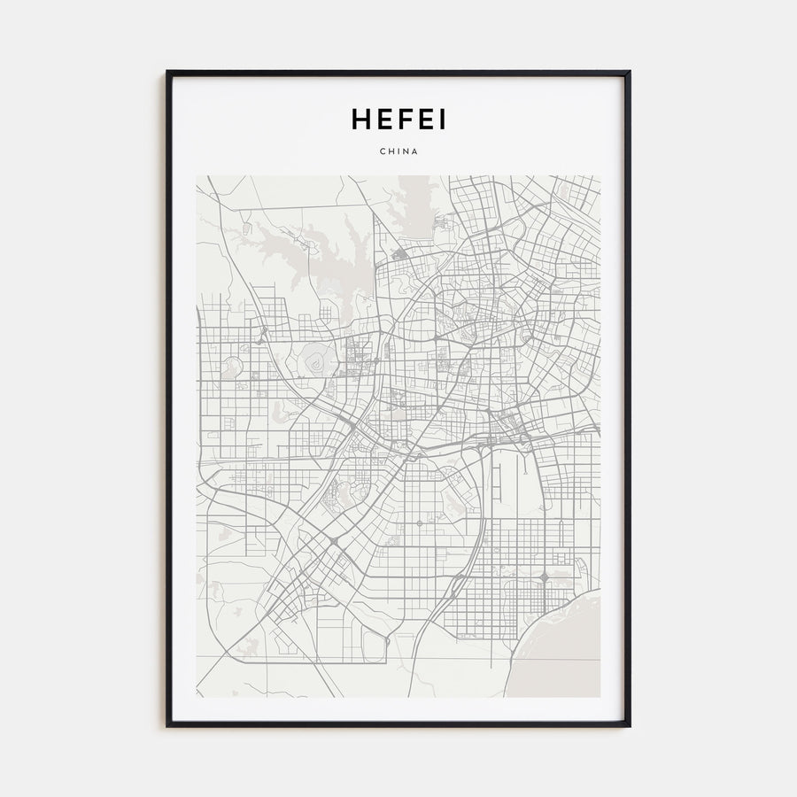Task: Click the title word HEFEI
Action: [398, 120]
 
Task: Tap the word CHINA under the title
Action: [398, 151]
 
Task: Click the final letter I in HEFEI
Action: [441, 120]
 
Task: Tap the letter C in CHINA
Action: [382, 151]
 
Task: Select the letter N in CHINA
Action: [406, 151]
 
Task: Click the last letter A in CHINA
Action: [415, 151]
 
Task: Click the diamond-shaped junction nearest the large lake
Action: [543, 576]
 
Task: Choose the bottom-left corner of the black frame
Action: [167, 725]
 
